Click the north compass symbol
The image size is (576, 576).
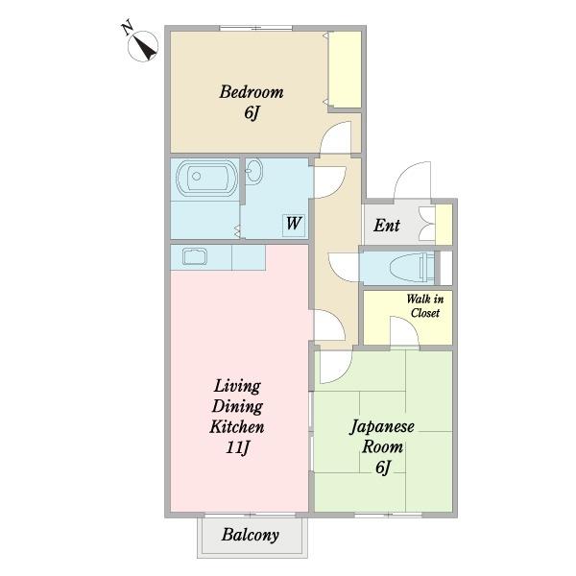[x=143, y=45]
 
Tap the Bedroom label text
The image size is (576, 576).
[x=252, y=92]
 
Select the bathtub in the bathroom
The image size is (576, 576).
[x=206, y=177]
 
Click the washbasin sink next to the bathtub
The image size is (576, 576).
[x=253, y=171]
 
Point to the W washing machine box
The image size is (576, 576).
[x=294, y=226]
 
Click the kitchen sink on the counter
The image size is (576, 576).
[x=195, y=256]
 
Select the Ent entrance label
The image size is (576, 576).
[x=387, y=226]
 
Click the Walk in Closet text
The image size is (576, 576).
[x=425, y=305]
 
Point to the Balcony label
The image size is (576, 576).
[x=251, y=536]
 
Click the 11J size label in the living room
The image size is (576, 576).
[x=238, y=447]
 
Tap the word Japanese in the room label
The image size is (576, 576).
[x=382, y=427]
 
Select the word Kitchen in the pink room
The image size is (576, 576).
[x=237, y=427]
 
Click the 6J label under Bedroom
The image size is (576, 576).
[x=252, y=112]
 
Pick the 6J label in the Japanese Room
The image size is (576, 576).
[x=383, y=468]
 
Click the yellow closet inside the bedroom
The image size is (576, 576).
[x=345, y=69]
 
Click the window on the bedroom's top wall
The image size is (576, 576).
[x=256, y=28]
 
